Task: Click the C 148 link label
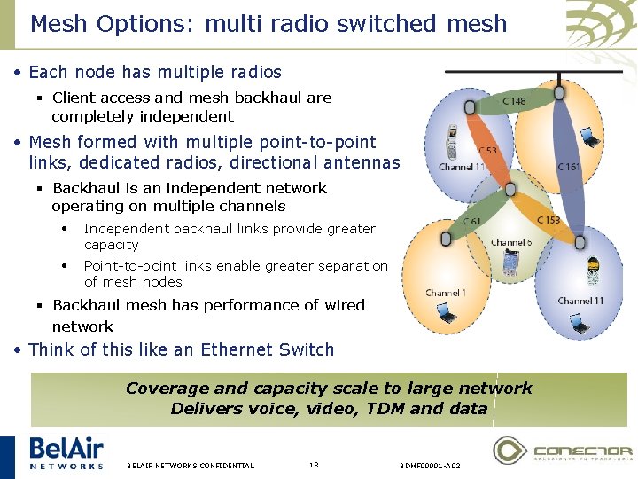point(514,101)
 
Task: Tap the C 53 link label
point(486,151)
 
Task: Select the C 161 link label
point(569,166)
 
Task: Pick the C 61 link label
point(472,222)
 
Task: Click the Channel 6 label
point(511,243)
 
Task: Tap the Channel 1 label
point(445,293)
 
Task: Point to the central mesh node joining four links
point(511,189)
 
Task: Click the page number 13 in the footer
point(314,465)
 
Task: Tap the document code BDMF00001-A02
point(430,466)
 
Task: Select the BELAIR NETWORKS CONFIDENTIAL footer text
point(191,466)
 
